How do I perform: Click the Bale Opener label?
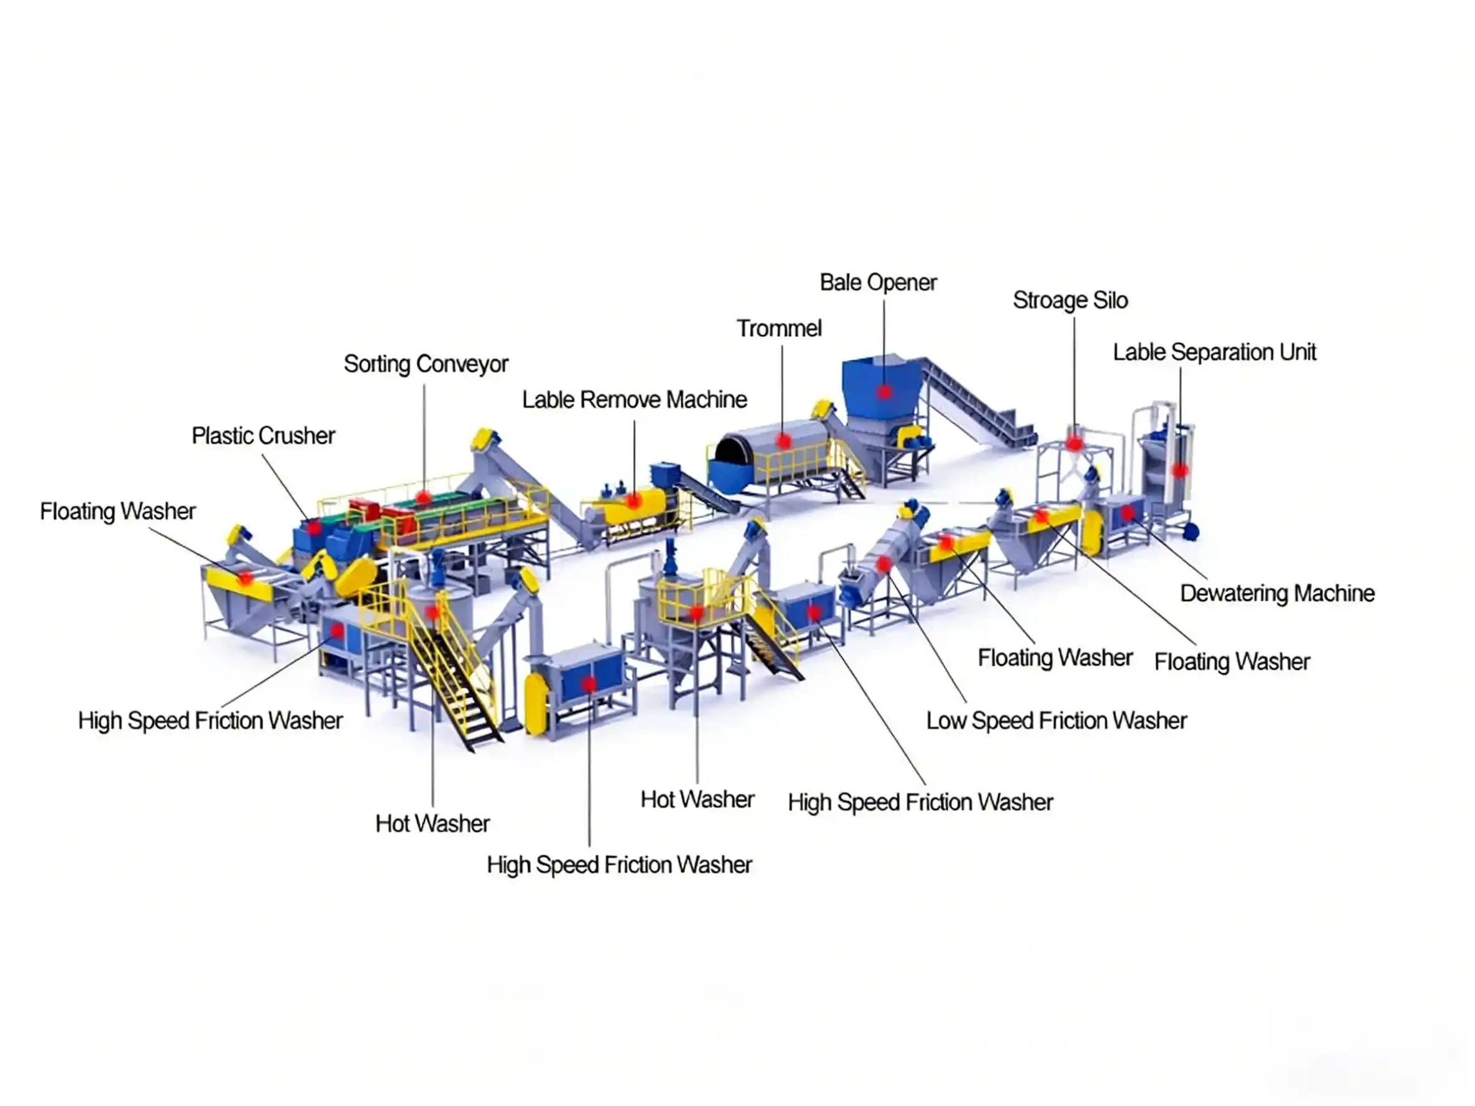click(x=877, y=283)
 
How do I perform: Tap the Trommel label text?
click(x=778, y=329)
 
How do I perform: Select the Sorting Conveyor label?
click(x=426, y=364)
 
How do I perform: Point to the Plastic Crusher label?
click(x=263, y=436)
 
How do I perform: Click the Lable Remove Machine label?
click(x=634, y=400)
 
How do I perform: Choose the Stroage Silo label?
click(x=1070, y=301)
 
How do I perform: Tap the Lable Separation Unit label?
click(x=1214, y=352)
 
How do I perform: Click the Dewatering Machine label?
click(x=1277, y=593)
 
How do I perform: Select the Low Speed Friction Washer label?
click(x=1056, y=720)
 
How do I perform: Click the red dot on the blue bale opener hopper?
click(x=884, y=392)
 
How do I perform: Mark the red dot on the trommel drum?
click(x=784, y=440)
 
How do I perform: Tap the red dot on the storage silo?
click(x=1074, y=442)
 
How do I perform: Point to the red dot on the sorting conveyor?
click(x=423, y=497)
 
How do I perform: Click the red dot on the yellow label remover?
click(x=633, y=501)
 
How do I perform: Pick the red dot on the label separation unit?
click(x=1180, y=471)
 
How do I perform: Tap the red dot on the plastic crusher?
click(x=313, y=528)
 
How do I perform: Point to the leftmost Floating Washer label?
click(x=117, y=512)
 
